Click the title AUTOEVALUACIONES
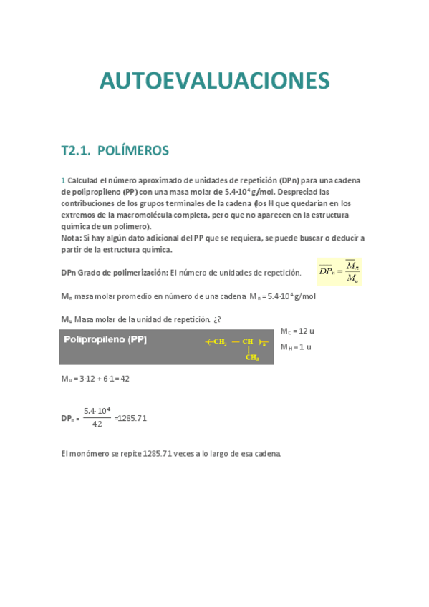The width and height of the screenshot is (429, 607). point(215,80)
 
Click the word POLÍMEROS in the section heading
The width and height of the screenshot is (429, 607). point(132,150)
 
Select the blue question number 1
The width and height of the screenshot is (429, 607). point(63,180)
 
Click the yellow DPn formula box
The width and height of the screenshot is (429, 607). point(339,272)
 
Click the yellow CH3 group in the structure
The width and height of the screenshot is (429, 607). point(252,358)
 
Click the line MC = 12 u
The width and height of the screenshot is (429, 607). point(297,331)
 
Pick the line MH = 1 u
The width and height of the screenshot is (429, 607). point(296,346)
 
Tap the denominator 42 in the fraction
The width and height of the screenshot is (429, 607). point(97,424)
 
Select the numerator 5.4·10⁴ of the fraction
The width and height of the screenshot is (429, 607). point(97,411)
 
